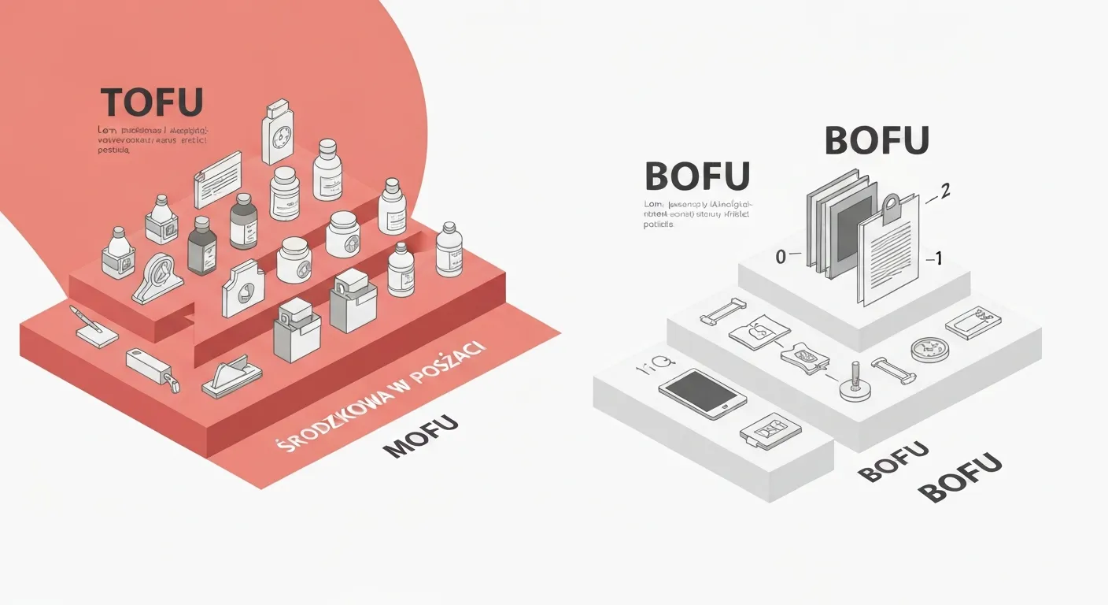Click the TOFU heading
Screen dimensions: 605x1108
click(152, 104)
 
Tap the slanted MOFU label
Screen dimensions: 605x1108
click(420, 437)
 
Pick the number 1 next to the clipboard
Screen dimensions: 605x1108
click(935, 258)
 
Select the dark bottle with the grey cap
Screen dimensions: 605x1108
click(202, 247)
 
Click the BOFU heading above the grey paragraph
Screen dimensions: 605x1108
click(696, 176)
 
